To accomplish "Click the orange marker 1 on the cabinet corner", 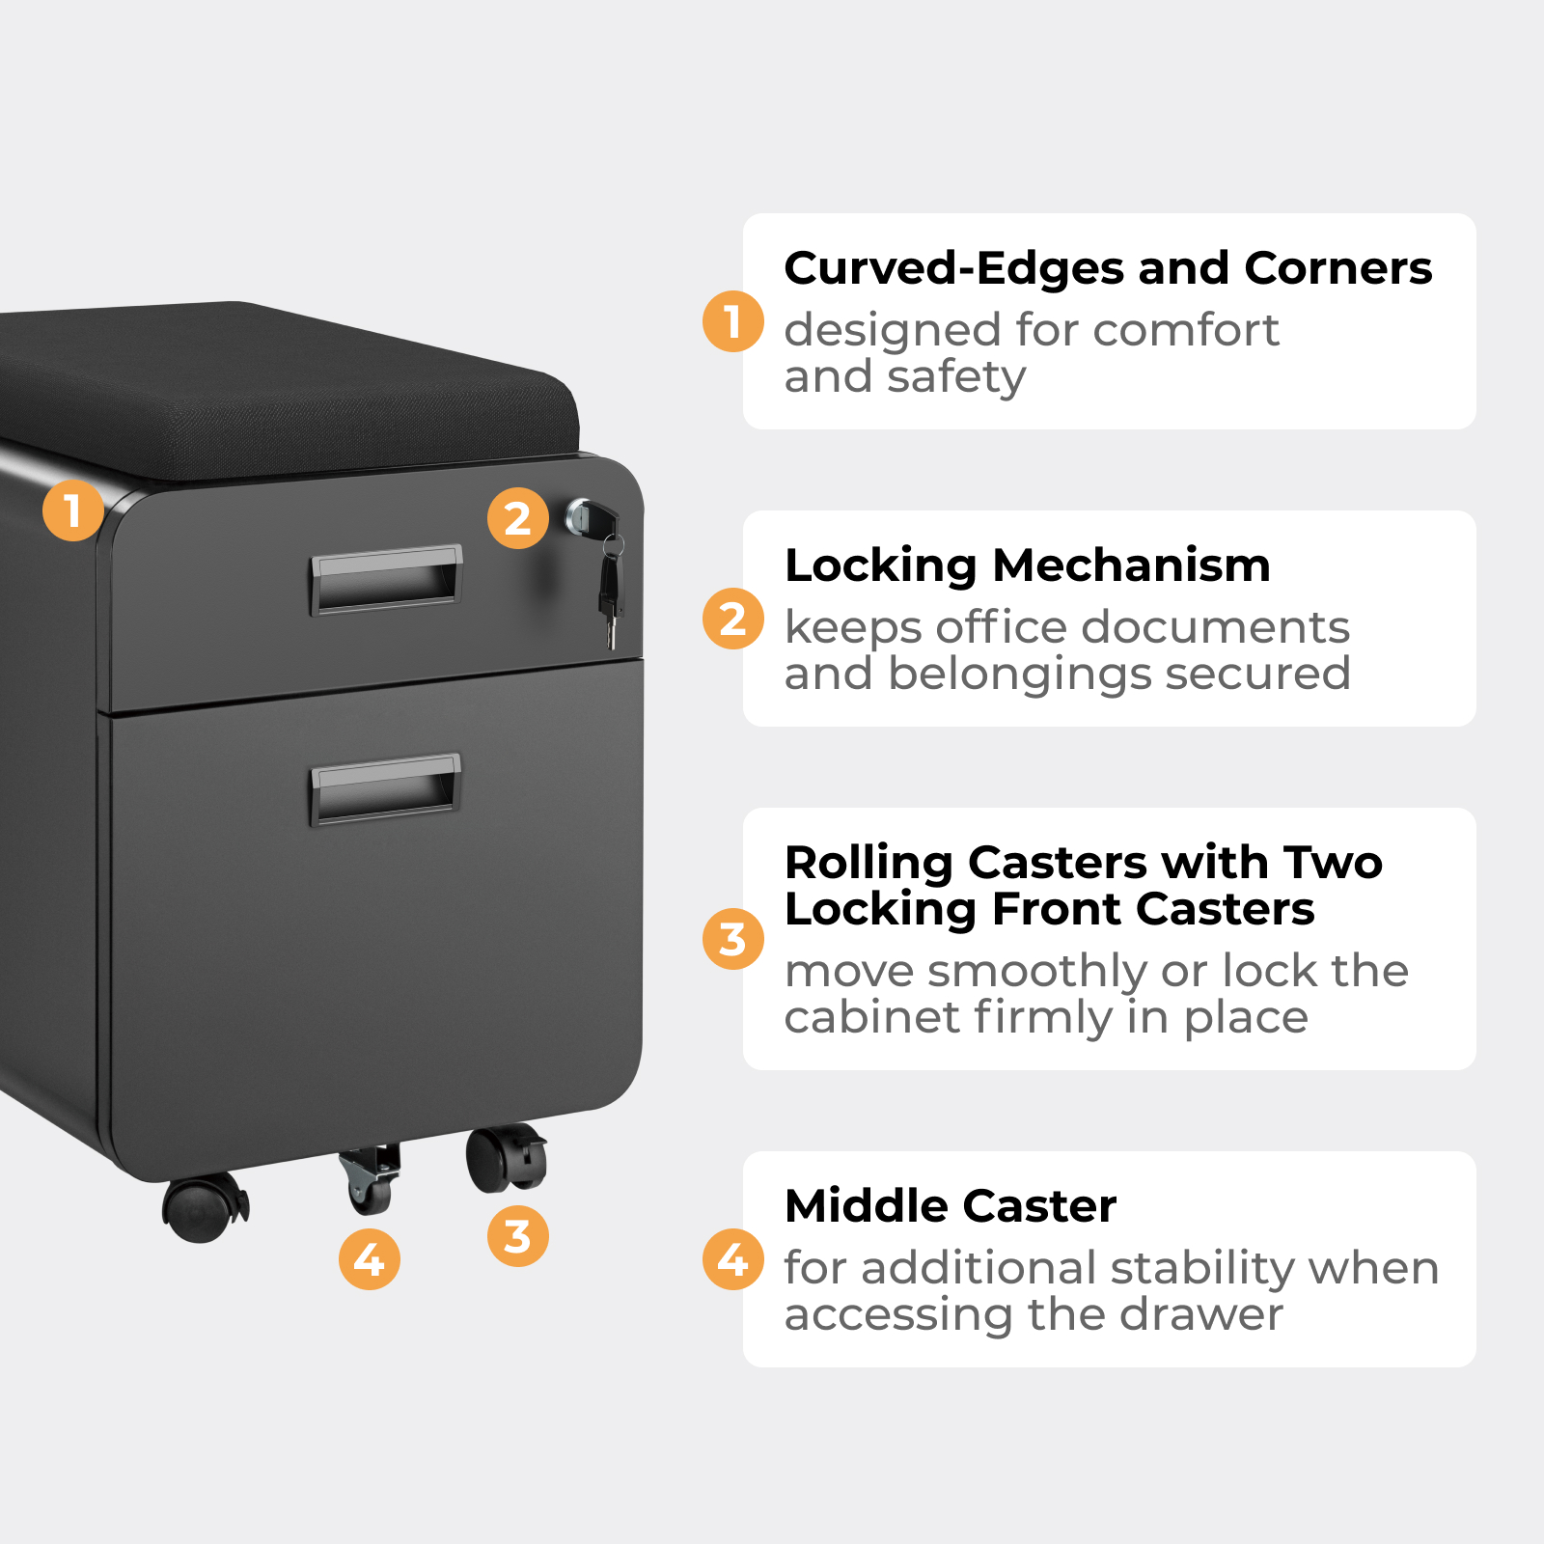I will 73,510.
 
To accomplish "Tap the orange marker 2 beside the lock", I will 518,518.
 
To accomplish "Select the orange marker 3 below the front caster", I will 518,1235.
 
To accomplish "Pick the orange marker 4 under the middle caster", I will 370,1258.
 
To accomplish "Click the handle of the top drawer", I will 386,579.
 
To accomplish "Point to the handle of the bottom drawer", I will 386,788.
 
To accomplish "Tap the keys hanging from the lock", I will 610,589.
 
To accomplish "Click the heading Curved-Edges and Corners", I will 1108,268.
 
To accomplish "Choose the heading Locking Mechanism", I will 1028,565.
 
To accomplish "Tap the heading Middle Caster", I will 951,1206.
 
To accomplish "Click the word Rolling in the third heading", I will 868,864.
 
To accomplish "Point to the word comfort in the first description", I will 1186,331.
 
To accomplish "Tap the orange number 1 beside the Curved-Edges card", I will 733,321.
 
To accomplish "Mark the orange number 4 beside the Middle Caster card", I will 733,1258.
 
